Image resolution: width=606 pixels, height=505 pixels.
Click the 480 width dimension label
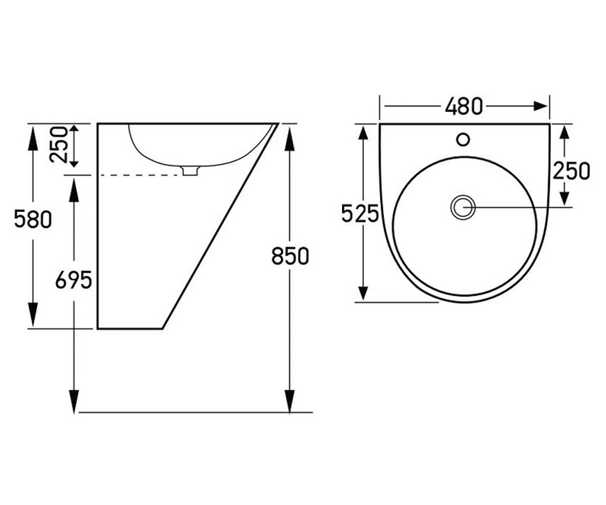(x=464, y=106)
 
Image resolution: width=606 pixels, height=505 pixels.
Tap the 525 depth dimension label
(x=360, y=213)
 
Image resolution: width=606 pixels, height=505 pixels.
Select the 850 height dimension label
(x=290, y=256)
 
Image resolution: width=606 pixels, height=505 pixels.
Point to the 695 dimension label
(x=74, y=280)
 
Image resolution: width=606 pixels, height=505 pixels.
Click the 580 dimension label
(x=33, y=219)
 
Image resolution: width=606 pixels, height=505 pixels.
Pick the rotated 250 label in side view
(x=59, y=144)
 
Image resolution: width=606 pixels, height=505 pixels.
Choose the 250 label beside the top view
(x=571, y=171)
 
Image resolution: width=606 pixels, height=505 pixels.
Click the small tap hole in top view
(x=463, y=139)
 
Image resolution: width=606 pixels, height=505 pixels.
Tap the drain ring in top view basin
(x=463, y=207)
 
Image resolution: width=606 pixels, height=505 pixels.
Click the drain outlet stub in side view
(x=190, y=171)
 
